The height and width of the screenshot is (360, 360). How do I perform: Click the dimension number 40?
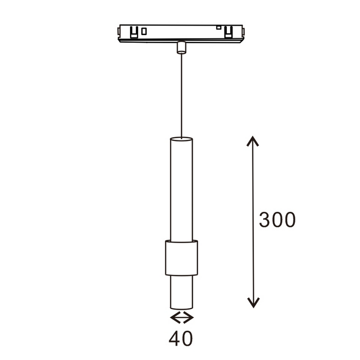point(181,338)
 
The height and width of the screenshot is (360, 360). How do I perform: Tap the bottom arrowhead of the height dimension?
point(253,303)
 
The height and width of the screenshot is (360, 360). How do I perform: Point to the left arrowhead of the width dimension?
point(174,318)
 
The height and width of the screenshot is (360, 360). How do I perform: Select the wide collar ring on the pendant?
point(181,258)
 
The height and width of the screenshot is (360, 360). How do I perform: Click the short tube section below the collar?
point(181,292)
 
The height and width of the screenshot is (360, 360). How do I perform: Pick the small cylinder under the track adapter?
point(181,48)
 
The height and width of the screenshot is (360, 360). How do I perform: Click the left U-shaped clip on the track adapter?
point(134,32)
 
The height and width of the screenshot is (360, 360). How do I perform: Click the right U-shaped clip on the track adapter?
point(228,33)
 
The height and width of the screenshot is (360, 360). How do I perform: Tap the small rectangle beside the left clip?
point(144,31)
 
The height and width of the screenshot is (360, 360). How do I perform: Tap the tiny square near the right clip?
point(219,27)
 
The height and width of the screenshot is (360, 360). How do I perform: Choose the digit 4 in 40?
point(175,338)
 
